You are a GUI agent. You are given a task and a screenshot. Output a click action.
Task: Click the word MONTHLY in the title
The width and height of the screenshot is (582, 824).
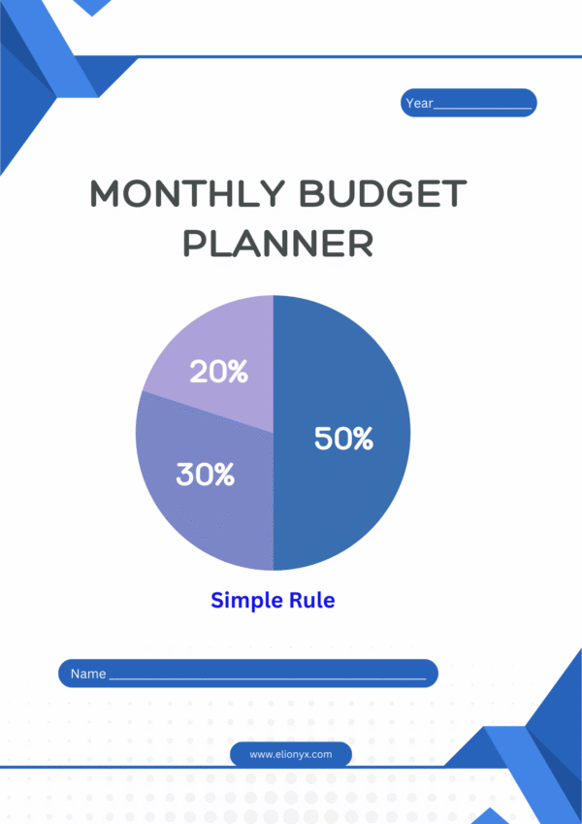(x=187, y=195)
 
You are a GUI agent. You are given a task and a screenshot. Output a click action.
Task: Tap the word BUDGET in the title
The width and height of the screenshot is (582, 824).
(x=382, y=195)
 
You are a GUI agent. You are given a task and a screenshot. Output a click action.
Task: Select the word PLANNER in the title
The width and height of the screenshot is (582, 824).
(x=278, y=243)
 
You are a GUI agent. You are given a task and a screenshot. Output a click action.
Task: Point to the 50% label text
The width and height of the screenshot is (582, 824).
(x=343, y=439)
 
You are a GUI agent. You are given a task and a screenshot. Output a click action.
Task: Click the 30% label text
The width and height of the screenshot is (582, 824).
(x=205, y=475)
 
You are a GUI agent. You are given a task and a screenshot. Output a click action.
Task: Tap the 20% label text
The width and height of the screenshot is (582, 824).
(x=218, y=371)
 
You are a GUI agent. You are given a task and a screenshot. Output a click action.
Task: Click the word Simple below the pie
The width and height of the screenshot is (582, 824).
(x=243, y=600)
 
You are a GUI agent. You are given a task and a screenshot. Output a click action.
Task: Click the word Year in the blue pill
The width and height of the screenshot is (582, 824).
(x=419, y=103)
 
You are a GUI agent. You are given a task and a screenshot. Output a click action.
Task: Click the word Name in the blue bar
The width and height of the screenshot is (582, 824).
(x=88, y=674)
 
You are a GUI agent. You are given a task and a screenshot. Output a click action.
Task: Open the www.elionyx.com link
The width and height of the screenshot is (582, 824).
(x=291, y=754)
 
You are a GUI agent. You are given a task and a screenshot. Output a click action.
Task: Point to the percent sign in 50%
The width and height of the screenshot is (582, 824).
(x=361, y=439)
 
